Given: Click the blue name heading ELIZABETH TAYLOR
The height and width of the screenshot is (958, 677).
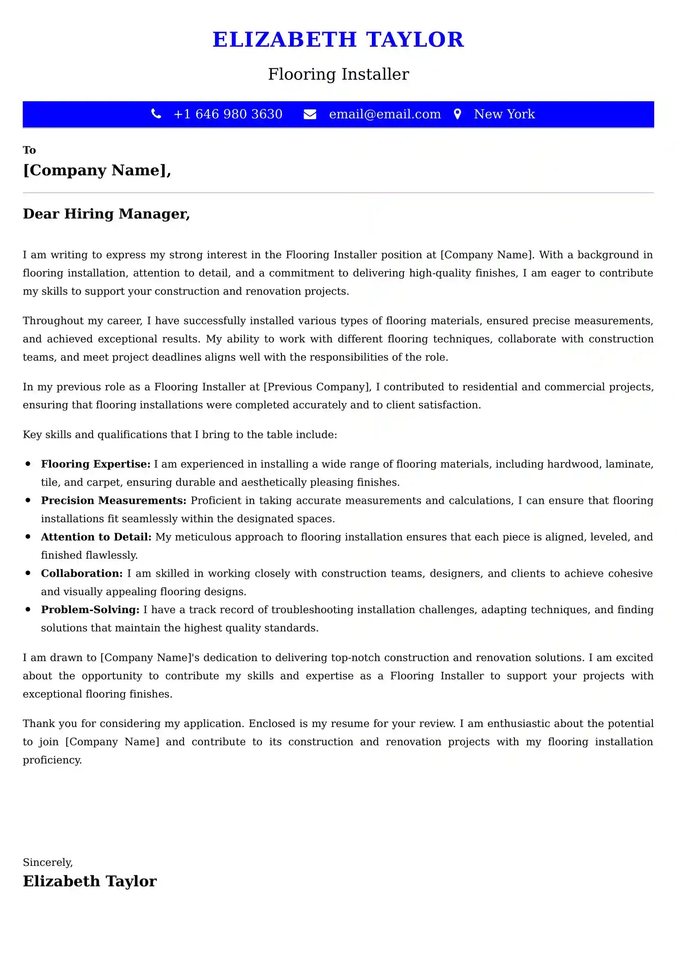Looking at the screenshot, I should (338, 40).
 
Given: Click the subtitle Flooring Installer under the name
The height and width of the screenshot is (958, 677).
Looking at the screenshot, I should (338, 74).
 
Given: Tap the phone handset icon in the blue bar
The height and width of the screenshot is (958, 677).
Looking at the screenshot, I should (156, 114).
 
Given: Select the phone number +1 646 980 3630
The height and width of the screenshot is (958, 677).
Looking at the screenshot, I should (228, 114).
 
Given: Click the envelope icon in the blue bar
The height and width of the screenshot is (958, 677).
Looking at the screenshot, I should (310, 114).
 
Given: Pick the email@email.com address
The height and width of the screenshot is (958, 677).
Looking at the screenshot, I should (385, 114).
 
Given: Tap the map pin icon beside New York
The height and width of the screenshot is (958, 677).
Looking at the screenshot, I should (457, 114).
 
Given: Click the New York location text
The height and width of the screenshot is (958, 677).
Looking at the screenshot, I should (504, 114).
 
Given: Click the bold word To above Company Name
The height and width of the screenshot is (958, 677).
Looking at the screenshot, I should (29, 150).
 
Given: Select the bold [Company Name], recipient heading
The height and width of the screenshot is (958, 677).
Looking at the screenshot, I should (97, 170).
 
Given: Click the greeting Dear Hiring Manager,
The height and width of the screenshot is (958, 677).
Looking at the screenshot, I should (106, 214).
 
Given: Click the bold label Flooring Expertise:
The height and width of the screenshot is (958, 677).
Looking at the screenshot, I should (95, 464).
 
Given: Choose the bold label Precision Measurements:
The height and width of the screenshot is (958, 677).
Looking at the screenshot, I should (113, 500).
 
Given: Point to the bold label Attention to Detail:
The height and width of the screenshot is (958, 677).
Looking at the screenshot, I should (96, 537).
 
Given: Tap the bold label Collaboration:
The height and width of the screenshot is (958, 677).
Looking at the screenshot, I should (82, 573).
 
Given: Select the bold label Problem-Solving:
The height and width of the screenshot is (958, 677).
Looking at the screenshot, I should (90, 609).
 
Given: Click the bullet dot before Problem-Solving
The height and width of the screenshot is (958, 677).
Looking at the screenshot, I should (28, 609).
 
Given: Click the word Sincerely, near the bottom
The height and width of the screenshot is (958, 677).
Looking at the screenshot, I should (48, 862).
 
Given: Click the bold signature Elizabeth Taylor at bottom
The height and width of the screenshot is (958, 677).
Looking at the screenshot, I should (90, 881).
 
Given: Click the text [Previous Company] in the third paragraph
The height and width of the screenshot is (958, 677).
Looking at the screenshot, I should (317, 387).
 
